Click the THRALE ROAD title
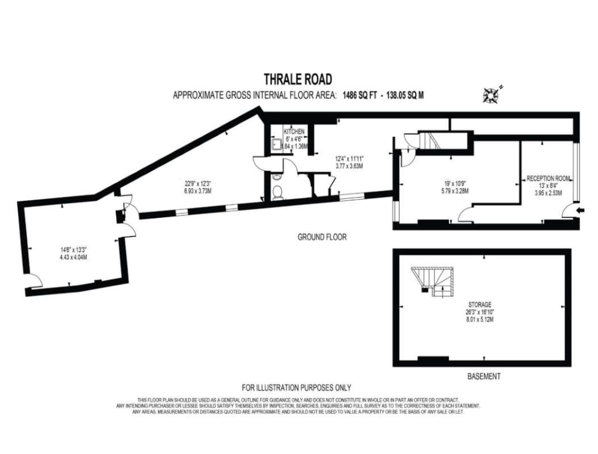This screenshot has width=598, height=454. tap(298, 79)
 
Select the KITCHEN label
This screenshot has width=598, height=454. tap(294, 132)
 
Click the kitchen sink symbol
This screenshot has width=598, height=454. tap(276, 145)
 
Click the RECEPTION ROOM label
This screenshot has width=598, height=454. tap(548, 178)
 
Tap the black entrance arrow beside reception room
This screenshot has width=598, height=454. tap(580, 210)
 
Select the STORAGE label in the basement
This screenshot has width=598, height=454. tap(480, 305)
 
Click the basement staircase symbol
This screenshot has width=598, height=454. tap(432, 282)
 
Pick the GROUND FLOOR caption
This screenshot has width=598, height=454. tap(322, 237)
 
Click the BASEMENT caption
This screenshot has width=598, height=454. tap(483, 376)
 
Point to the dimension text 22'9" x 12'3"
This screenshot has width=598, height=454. tap(196, 182)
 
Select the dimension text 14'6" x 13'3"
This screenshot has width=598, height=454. tap(74, 250)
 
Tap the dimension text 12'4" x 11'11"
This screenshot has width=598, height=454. tap(348, 158)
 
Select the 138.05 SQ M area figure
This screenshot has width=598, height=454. tap(405, 95)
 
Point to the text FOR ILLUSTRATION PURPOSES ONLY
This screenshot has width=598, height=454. tap(296, 388)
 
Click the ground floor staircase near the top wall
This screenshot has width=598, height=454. tap(430, 141)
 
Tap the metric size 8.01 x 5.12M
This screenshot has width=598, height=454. tap(480, 320)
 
